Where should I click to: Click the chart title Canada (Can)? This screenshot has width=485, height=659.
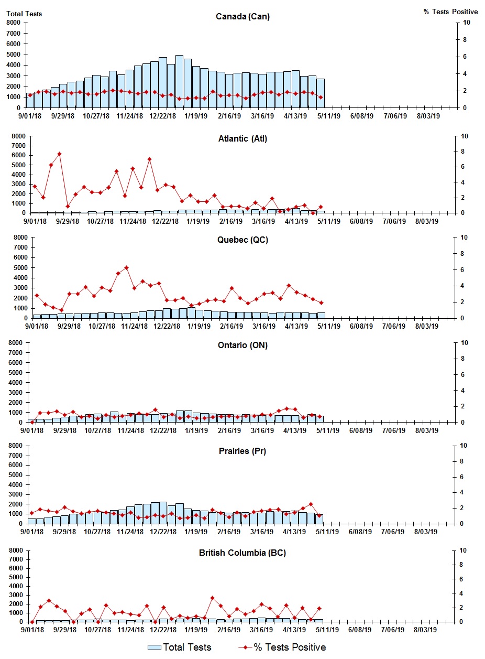click(x=242, y=17)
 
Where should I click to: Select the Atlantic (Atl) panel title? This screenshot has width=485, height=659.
click(x=242, y=139)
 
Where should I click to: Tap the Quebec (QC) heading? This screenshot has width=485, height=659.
click(x=242, y=240)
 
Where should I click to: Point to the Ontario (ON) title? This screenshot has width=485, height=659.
click(x=242, y=345)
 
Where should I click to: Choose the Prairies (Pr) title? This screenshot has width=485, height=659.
click(x=242, y=451)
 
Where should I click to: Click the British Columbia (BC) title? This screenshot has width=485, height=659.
click(x=242, y=553)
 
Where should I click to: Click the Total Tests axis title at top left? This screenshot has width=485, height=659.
click(x=24, y=14)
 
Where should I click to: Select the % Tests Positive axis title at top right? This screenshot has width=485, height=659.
click(x=450, y=12)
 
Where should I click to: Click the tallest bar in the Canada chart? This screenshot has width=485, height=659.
click(x=179, y=81)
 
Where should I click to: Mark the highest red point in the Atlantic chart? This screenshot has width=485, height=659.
click(x=59, y=154)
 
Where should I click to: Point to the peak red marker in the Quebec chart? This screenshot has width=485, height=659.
click(x=126, y=267)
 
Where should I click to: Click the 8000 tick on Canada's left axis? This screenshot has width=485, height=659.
click(x=14, y=23)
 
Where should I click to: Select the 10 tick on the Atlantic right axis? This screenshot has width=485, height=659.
click(x=464, y=136)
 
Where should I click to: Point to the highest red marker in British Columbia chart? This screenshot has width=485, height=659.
click(x=212, y=598)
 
